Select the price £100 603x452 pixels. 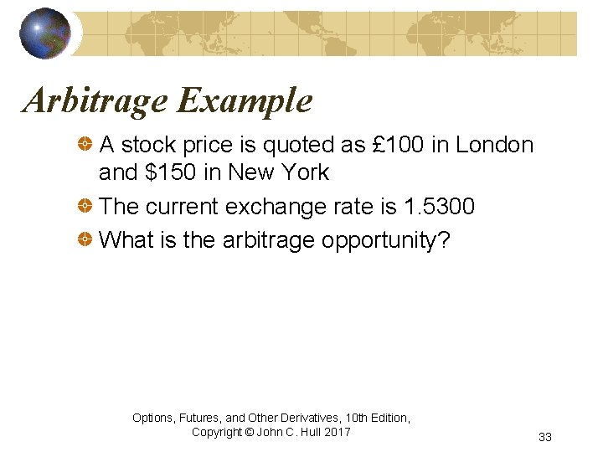point(398,145)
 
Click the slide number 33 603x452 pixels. point(545,437)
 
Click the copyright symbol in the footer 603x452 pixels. point(250,432)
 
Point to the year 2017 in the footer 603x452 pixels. point(337,432)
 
